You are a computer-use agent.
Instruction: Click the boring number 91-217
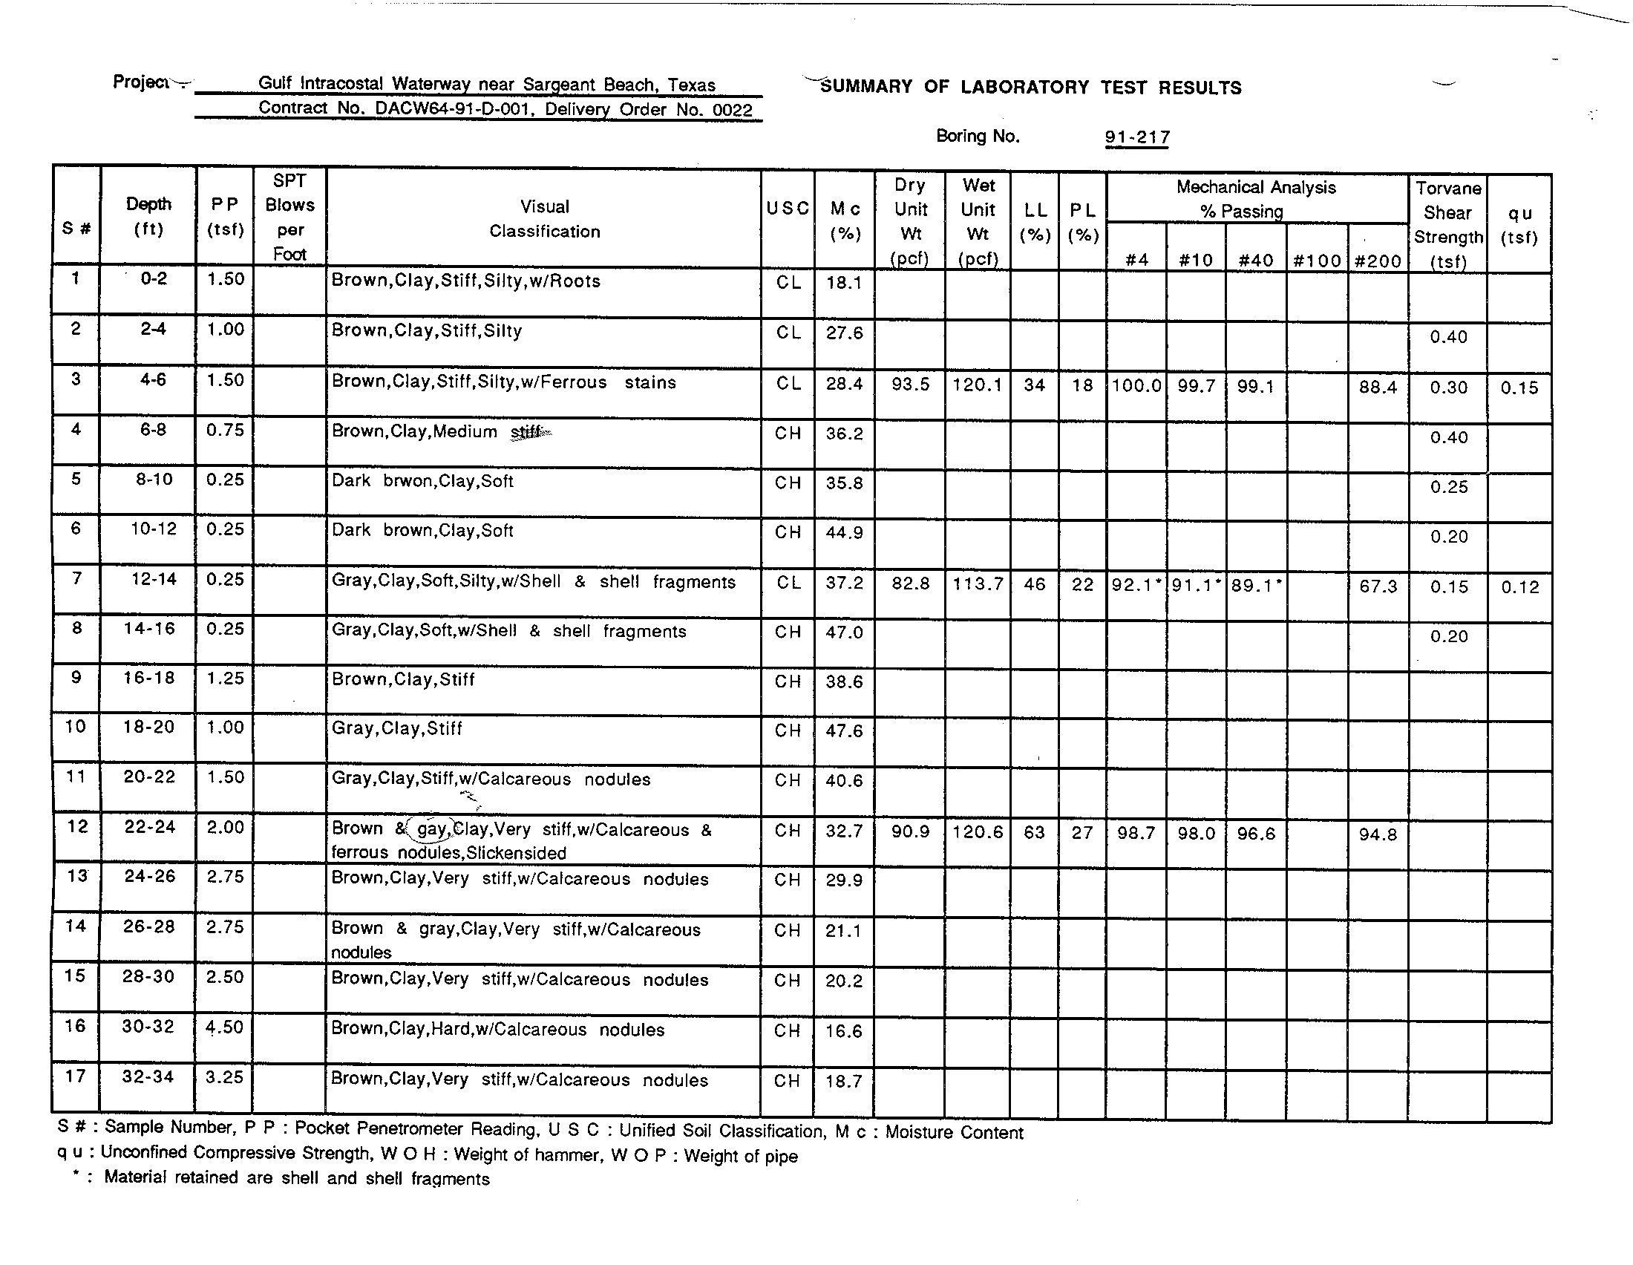click(1136, 137)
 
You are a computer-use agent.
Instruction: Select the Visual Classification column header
click(544, 219)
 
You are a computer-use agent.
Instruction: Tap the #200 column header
click(1377, 260)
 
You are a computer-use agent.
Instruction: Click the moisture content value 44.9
click(844, 532)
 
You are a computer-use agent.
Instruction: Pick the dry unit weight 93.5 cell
click(910, 385)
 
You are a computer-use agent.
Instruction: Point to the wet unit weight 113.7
click(978, 584)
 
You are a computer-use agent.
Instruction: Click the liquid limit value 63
click(1034, 832)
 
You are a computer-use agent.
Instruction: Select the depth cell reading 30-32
click(148, 1027)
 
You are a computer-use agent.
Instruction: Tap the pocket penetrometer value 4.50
click(225, 1027)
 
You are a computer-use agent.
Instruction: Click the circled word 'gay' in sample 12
click(431, 828)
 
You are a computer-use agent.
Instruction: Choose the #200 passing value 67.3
click(1377, 586)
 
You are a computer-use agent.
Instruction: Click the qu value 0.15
click(1519, 388)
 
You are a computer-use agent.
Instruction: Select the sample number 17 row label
click(76, 1076)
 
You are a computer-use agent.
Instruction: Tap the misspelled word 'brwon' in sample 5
click(407, 481)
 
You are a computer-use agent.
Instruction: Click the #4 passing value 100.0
click(1136, 386)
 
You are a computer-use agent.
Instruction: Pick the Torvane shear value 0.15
click(1448, 587)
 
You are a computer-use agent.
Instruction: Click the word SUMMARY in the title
click(865, 87)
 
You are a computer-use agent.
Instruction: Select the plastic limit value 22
click(1082, 585)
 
